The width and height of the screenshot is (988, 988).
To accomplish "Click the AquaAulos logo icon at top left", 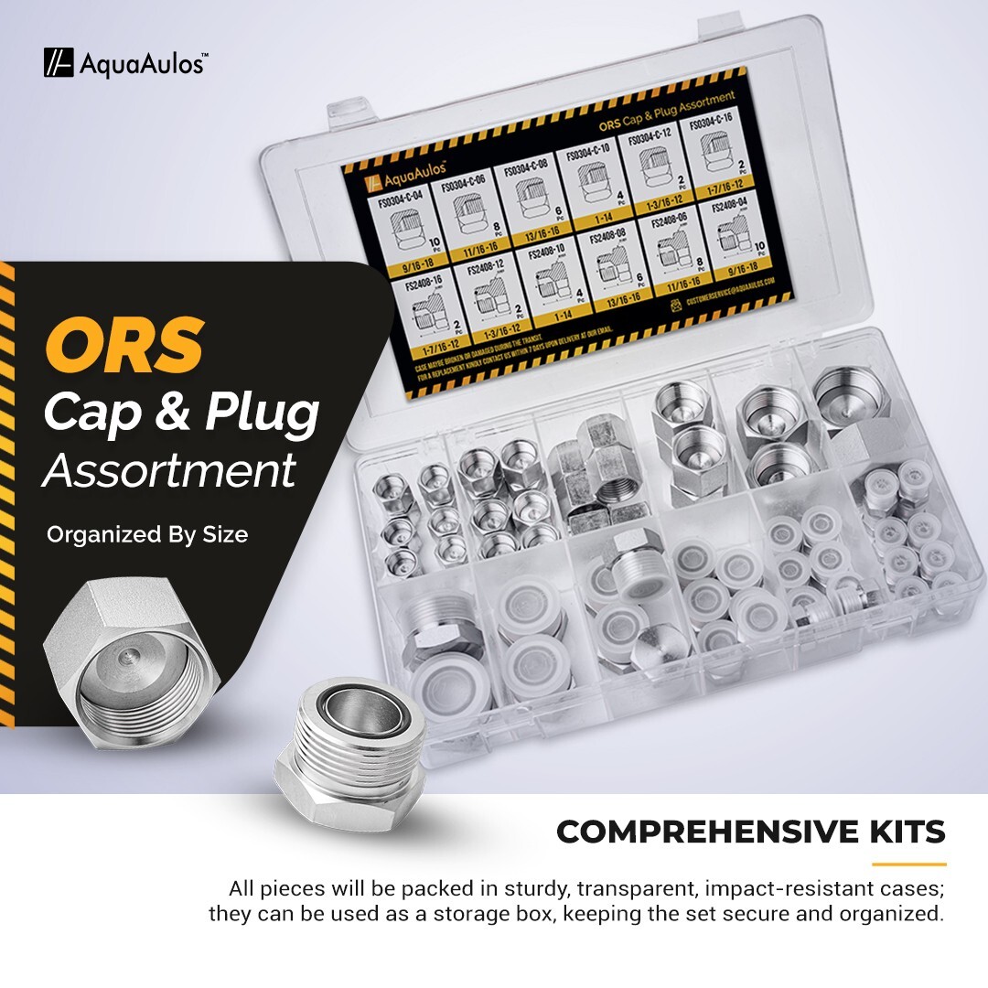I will click(59, 63).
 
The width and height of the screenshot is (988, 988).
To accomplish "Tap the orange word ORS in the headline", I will click(124, 346).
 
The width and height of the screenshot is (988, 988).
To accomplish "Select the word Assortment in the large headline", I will click(170, 471).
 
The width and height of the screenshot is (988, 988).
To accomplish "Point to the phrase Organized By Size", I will click(147, 534).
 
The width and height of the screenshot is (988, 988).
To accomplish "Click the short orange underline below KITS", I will click(908, 864).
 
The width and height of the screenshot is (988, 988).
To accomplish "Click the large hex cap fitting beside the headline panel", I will click(132, 671).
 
